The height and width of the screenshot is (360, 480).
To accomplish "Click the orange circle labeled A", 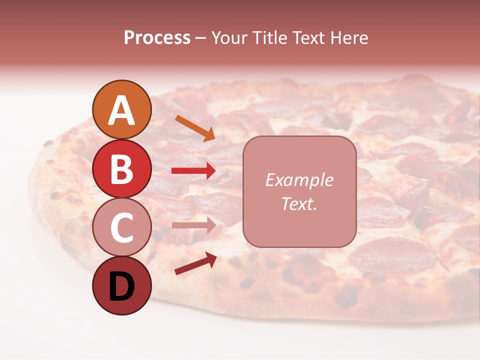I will [121, 109].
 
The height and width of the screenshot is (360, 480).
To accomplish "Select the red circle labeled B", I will [121, 168].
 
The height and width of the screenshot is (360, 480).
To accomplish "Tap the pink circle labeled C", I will [121, 227].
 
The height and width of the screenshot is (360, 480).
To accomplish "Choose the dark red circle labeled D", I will [121, 286].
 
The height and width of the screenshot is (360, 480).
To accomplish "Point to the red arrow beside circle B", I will [193, 171].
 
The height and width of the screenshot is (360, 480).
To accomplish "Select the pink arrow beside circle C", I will [193, 225].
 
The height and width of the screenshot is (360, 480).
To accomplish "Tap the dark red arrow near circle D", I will [195, 263].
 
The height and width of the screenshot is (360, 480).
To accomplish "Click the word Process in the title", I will [157, 38].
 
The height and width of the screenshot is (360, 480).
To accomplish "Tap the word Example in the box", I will [299, 180].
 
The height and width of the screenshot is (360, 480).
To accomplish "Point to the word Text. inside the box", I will [299, 203].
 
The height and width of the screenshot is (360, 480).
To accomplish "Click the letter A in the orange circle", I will [121, 110].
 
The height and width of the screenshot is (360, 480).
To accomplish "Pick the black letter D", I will [121, 287].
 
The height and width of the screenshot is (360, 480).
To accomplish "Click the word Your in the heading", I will [229, 38].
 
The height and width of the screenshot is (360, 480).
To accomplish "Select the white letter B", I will [121, 169].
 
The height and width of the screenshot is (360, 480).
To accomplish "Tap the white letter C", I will [121, 228].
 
